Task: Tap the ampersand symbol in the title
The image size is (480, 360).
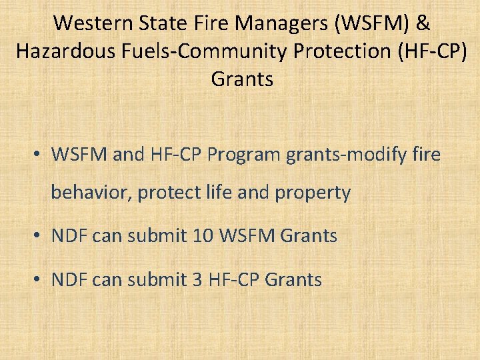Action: pyautogui.click(x=423, y=23)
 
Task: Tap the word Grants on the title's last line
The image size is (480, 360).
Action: pyautogui.click(x=242, y=79)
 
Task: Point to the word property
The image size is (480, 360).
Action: pyautogui.click(x=313, y=193)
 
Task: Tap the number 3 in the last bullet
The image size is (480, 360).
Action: pyautogui.click(x=197, y=279)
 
